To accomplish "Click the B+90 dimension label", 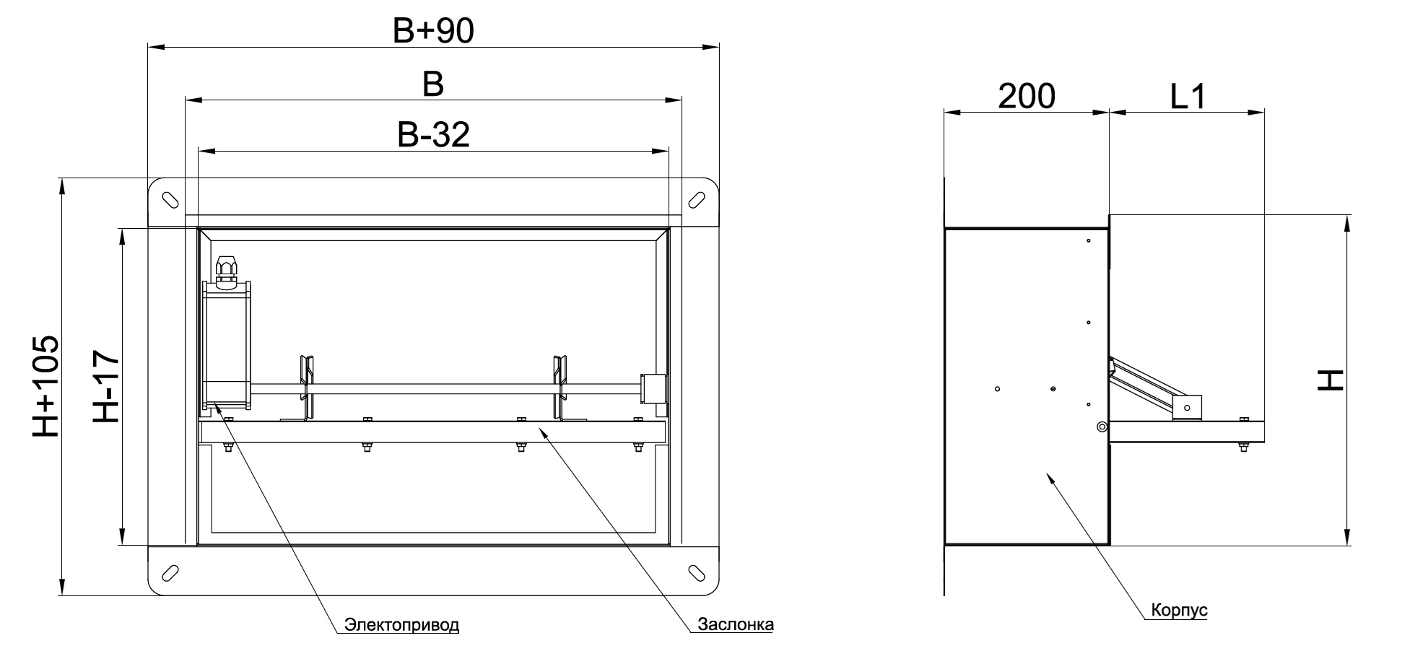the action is point(432,31).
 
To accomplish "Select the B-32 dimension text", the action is point(433,135).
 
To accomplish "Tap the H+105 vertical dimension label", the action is point(45,386).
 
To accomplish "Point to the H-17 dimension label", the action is point(107,387).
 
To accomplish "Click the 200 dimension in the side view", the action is point(1027,96).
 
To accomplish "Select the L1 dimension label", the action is point(1188,96).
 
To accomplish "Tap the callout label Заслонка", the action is point(736,624).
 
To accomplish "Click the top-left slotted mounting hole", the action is point(170,199).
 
